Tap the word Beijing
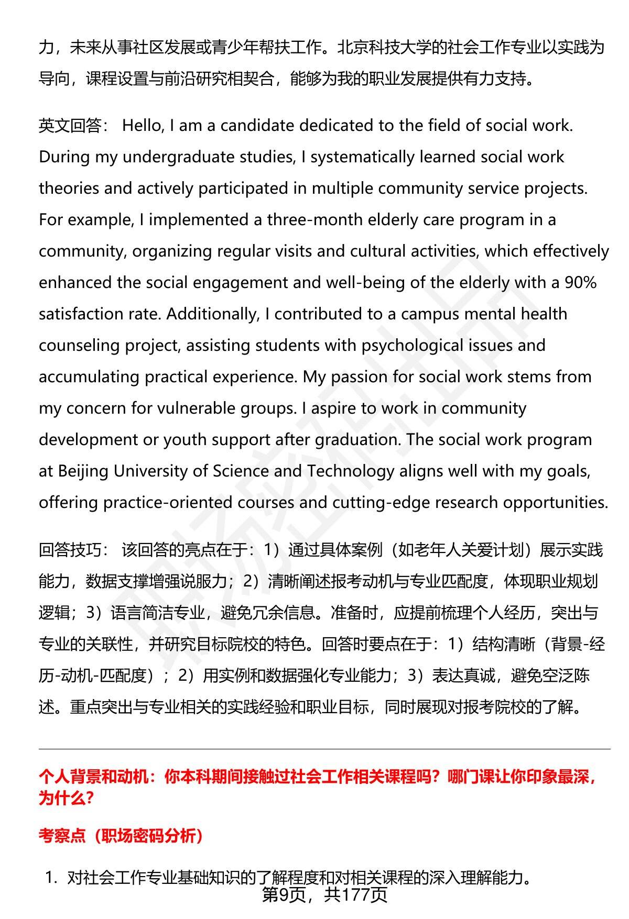tap(83, 471)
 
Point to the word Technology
tap(350, 471)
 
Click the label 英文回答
tap(70, 126)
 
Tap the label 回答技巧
tap(70, 550)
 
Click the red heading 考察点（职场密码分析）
tap(121, 836)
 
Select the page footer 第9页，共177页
tap(324, 895)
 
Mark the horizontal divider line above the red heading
tap(324, 749)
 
